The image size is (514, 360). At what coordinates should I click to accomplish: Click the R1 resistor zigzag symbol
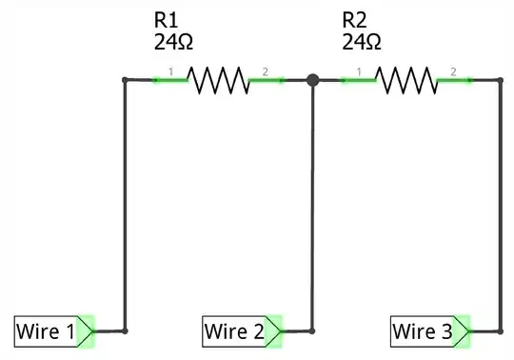coord(218,80)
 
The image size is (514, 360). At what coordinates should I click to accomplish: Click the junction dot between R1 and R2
coord(312,80)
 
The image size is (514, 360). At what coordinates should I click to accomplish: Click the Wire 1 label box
coord(46,331)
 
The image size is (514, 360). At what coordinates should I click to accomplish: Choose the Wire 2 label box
coord(234,331)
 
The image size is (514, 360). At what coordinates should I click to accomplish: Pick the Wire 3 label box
coord(422,331)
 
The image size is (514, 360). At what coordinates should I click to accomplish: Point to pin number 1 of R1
coord(170,71)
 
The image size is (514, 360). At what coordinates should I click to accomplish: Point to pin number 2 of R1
coord(266,71)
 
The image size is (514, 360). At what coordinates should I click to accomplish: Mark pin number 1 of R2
coord(359,71)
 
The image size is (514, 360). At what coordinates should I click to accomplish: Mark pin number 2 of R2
coord(454,71)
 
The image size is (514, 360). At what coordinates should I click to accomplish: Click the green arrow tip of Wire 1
coord(87,331)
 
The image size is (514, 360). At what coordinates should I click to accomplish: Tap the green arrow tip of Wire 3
coord(464,331)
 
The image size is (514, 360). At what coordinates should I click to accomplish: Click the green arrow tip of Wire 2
coord(275,331)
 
